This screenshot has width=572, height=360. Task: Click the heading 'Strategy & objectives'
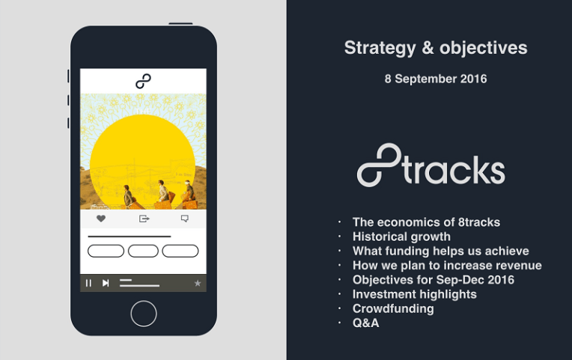pos(435,48)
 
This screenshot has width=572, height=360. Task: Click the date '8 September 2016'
pos(435,79)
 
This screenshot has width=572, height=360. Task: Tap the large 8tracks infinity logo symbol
pos(379,165)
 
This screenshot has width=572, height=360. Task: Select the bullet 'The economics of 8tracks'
pos(426,222)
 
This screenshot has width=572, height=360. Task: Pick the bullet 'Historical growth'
pos(401,237)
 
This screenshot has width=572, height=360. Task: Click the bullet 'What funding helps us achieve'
pos(440,251)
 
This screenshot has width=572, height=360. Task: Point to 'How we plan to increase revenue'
pos(447,265)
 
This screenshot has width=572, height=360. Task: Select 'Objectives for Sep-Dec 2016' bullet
pos(433,280)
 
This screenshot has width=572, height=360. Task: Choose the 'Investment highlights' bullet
pos(414,294)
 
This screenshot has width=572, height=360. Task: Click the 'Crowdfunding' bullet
pos(393,308)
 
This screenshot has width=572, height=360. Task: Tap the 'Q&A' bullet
pos(366,323)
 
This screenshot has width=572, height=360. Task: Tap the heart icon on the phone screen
pos(101,219)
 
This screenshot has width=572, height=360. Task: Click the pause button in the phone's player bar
pos(88,283)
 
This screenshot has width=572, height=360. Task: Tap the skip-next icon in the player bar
pos(106,283)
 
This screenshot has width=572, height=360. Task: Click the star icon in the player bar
pos(198,283)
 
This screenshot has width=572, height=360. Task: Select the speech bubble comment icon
pos(184,219)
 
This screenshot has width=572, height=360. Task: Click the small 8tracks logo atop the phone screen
pos(143,81)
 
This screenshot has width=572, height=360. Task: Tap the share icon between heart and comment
pos(144,219)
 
